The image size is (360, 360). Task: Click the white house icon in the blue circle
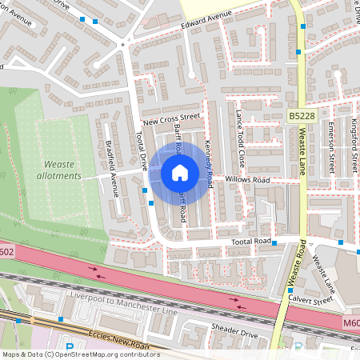179,172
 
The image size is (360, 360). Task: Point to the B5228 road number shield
302,116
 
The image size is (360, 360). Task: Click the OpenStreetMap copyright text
80,354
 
